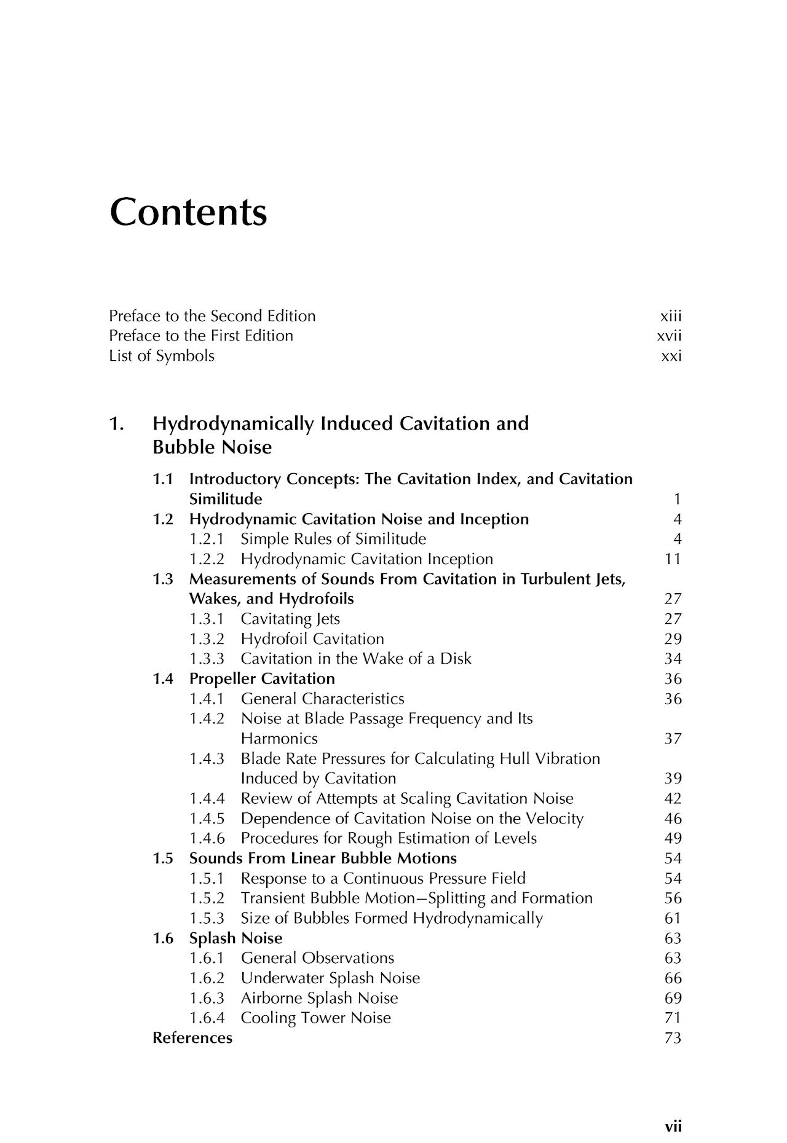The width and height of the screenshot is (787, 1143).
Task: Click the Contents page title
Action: [188, 212]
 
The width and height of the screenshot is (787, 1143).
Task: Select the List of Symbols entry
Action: [162, 356]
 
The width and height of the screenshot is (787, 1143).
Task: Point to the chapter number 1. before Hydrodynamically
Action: [116, 424]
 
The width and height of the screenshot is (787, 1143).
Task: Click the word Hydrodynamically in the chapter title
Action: [234, 424]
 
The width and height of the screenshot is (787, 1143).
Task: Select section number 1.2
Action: [163, 519]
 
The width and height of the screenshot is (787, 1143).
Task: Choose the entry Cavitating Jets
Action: [290, 619]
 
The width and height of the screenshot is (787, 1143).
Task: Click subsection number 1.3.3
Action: [207, 659]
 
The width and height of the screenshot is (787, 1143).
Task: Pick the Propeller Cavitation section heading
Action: [262, 679]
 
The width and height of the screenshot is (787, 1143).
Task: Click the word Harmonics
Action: [279, 739]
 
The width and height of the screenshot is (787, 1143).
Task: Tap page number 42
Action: [673, 798]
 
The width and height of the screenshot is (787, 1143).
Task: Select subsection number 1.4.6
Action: [207, 838]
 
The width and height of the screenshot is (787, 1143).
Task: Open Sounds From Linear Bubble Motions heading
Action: [323, 858]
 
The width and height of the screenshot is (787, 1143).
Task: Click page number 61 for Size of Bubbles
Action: [673, 918]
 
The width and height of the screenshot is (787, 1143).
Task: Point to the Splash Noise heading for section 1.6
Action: [235, 938]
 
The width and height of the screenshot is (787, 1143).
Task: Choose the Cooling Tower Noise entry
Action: [316, 1018]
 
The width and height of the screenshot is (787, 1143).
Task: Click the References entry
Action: [192, 1038]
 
